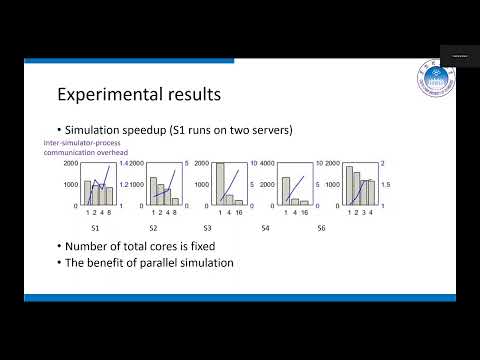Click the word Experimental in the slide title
(x=105, y=96)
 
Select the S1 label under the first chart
(x=93, y=230)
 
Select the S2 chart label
(x=154, y=230)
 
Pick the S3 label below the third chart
(x=221, y=230)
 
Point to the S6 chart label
(x=349, y=230)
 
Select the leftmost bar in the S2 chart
(x=154, y=191)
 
